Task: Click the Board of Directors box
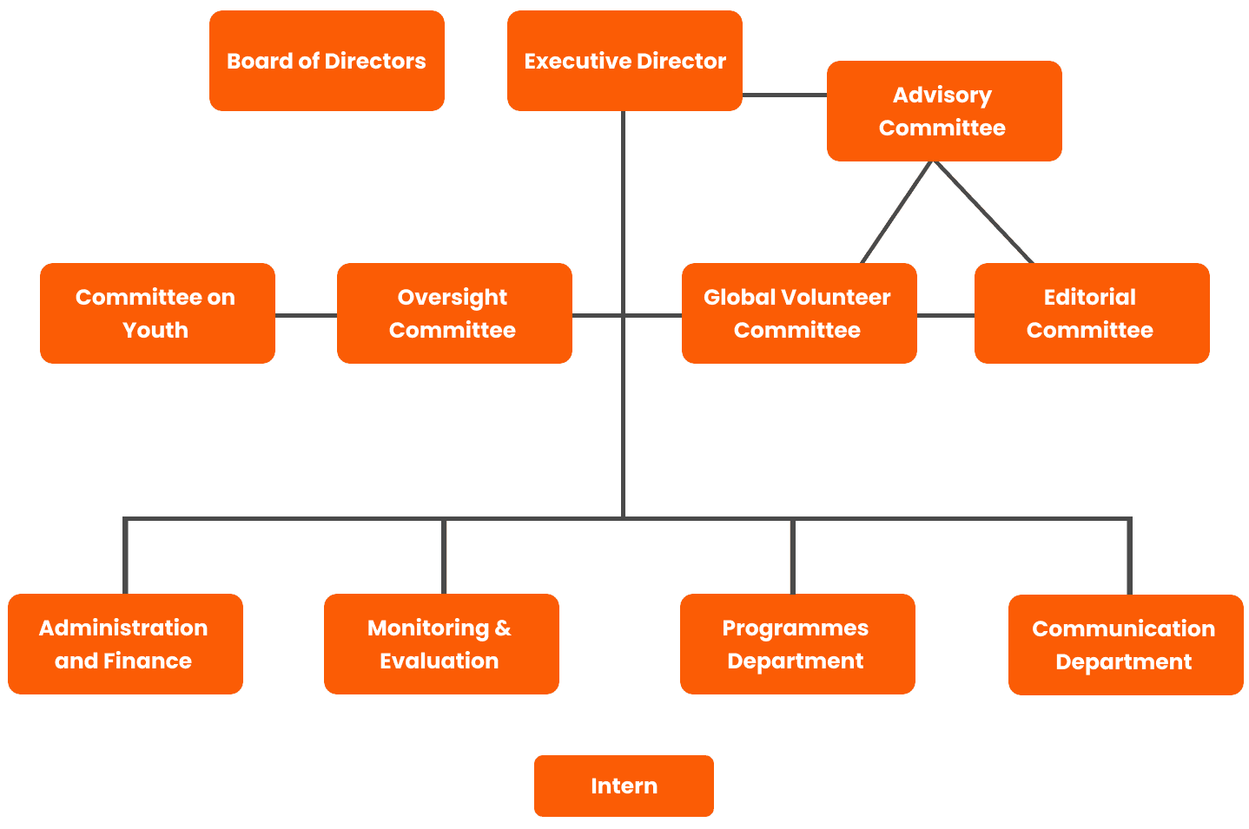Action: (x=327, y=61)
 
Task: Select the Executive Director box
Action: (x=624, y=61)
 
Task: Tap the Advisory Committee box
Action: (x=943, y=111)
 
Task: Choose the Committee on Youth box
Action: (x=157, y=313)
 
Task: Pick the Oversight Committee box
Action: (x=453, y=313)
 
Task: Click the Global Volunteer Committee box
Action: (x=798, y=313)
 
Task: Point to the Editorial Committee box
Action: (x=1091, y=313)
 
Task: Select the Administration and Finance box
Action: (x=125, y=644)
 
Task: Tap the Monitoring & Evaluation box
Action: (x=440, y=644)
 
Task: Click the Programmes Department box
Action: (x=796, y=644)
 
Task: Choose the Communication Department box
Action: (x=1125, y=645)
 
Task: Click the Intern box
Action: (x=624, y=786)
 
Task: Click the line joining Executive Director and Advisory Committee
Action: (x=784, y=95)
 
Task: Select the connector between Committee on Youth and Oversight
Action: (x=306, y=315)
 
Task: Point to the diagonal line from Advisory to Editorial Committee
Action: (x=985, y=213)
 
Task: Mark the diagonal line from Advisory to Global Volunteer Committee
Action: (x=896, y=213)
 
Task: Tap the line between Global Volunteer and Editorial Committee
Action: (x=945, y=315)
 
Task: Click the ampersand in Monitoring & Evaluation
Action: (x=503, y=628)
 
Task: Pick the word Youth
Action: (x=155, y=330)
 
